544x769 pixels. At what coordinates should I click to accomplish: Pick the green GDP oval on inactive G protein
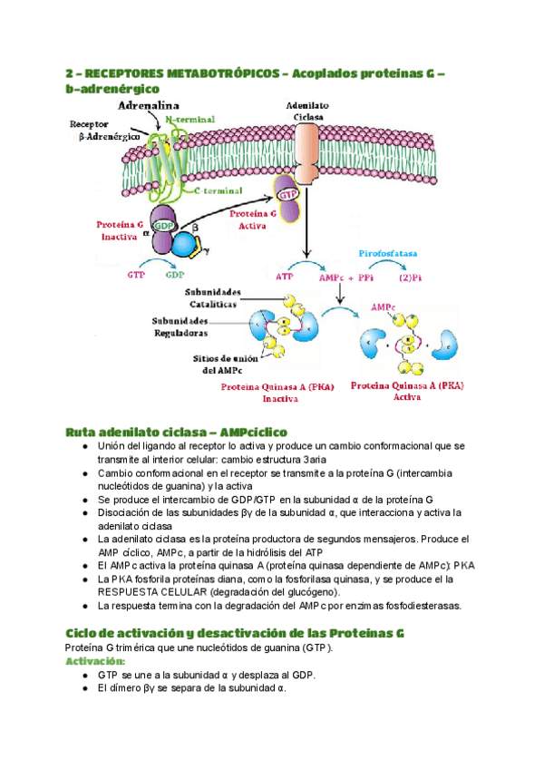[x=163, y=225]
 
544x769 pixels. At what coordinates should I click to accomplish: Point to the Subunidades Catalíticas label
[x=213, y=297]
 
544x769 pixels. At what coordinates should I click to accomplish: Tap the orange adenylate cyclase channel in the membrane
[x=307, y=150]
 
